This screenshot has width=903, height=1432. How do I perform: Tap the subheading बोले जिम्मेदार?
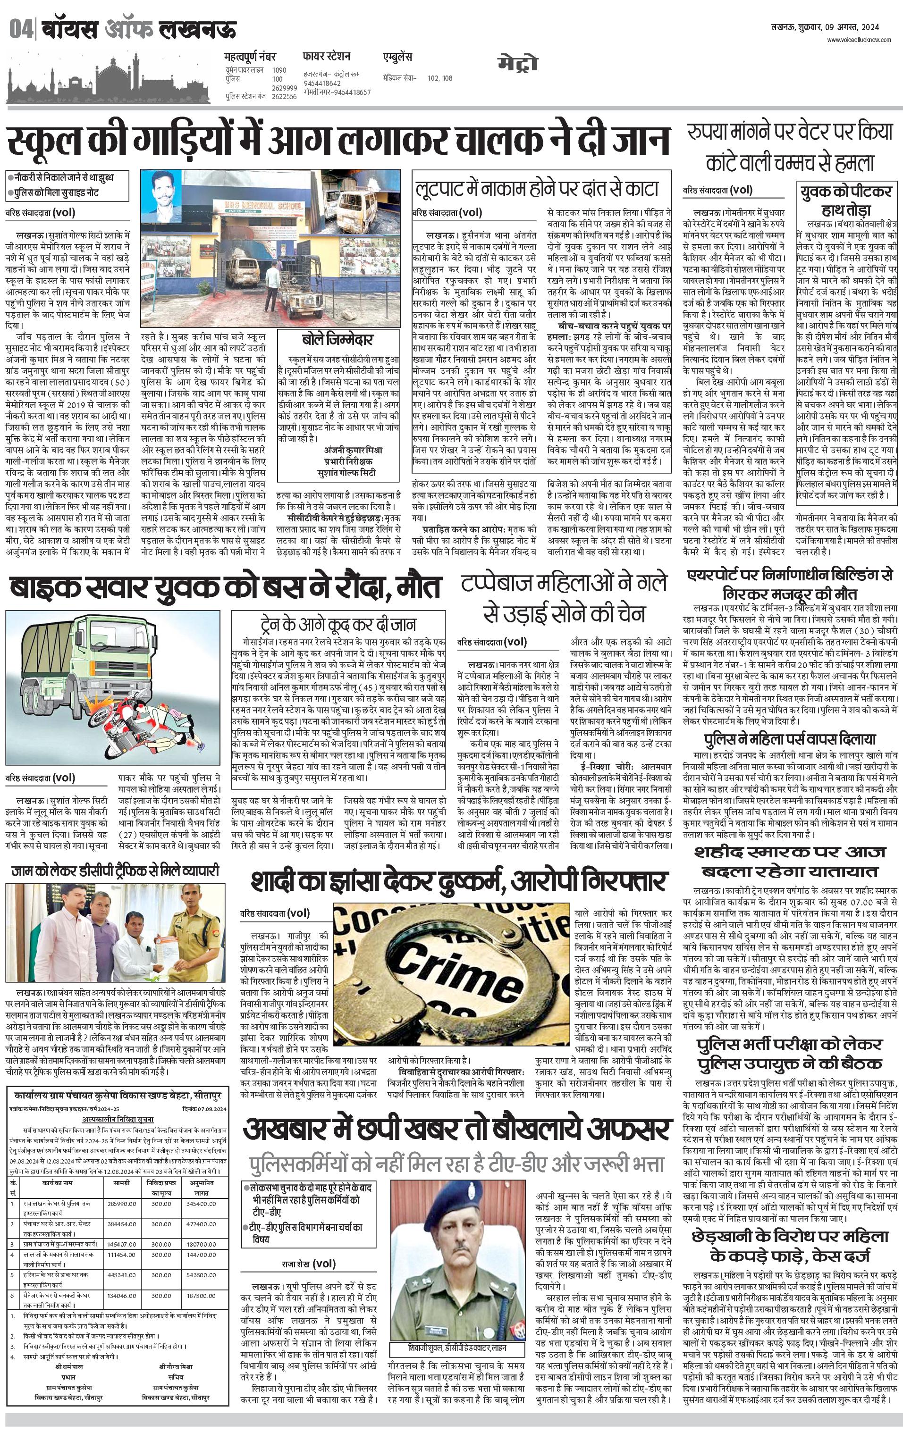pos(338,340)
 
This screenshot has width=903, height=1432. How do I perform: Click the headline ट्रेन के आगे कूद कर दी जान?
pos(338,624)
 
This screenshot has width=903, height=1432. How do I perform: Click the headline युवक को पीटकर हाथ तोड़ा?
pos(845,200)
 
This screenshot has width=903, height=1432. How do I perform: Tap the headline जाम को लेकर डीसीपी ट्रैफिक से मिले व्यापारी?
pos(115,871)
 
